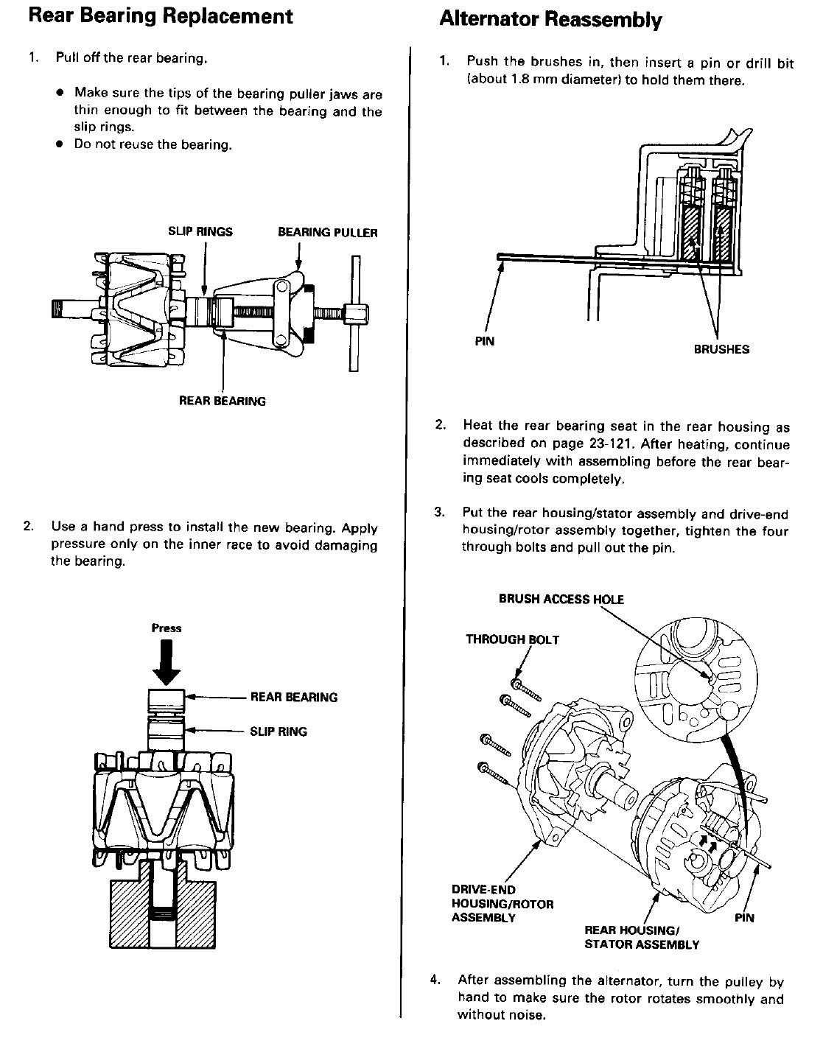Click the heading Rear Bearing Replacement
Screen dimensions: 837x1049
161,16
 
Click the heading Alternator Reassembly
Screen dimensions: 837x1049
550,20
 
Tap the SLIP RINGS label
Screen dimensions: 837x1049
200,231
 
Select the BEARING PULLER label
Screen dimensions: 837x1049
328,233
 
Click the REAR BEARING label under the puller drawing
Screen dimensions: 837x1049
223,401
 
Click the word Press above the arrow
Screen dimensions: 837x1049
167,628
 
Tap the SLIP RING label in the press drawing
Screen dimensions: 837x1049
279,732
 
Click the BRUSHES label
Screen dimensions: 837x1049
721,349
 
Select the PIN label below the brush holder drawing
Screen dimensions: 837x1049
485,341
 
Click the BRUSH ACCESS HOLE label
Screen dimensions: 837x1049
561,599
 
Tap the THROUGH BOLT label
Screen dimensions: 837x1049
512,639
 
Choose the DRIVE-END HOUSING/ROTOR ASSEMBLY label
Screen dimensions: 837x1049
502,904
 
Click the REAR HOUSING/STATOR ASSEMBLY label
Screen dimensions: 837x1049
642,937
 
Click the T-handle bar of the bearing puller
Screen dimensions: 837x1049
355,313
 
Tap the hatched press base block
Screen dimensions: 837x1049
162,910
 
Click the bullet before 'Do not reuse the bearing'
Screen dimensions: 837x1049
60,144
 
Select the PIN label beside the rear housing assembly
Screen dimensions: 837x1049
744,918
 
